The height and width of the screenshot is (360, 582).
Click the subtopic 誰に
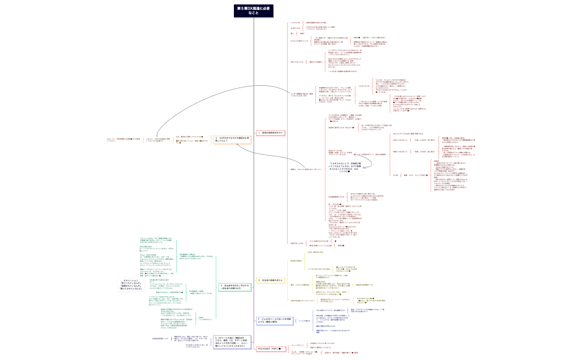point(293,33)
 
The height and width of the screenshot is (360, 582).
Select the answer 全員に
point(302,33)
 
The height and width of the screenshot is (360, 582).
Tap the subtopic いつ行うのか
point(295,22)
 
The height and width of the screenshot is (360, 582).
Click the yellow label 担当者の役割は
point(296,260)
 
